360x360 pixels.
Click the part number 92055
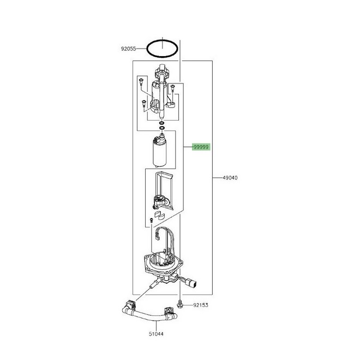pos(128,49)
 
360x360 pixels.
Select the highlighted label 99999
pos(201,147)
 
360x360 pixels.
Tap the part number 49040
pos(230,178)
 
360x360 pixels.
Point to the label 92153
pos(201,305)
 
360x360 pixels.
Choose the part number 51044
pos(156,334)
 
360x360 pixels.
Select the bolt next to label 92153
pos(180,304)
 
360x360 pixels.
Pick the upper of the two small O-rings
pos(162,123)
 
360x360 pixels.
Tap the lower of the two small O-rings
pos(162,128)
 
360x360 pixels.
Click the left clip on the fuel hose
pos(130,306)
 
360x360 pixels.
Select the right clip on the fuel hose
pos(169,312)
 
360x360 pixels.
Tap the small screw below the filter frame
pos(151,220)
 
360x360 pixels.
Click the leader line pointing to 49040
pos(218,178)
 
